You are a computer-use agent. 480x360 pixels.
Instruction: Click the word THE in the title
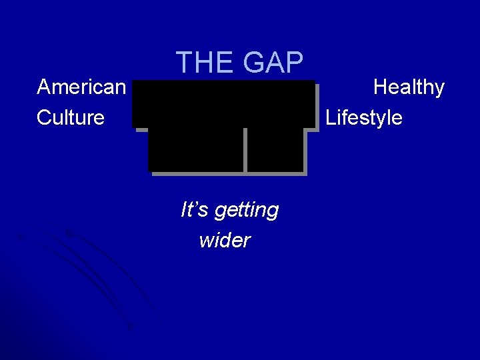pyautogui.click(x=206, y=63)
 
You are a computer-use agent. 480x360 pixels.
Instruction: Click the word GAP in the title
pyautogui.click(x=273, y=63)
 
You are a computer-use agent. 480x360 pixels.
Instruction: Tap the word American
pyautogui.click(x=81, y=87)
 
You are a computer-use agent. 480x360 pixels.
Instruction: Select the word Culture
pyautogui.click(x=71, y=118)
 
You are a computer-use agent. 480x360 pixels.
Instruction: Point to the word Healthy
pyautogui.click(x=409, y=87)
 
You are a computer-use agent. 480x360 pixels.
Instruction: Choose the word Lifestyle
pyautogui.click(x=364, y=118)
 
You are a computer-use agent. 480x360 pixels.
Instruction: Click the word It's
pyautogui.click(x=193, y=210)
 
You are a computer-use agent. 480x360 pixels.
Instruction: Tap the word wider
pyautogui.click(x=224, y=240)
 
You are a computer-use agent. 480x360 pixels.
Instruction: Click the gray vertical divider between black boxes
pyautogui.click(x=245, y=149)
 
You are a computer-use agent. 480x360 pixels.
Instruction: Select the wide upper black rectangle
pyautogui.click(x=223, y=103)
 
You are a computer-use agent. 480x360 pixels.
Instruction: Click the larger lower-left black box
pyautogui.click(x=196, y=149)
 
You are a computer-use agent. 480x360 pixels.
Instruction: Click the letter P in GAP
pyautogui.click(x=293, y=63)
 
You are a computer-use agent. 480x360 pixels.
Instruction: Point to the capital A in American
pyautogui.click(x=45, y=87)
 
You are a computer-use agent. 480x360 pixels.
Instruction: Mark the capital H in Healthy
pyautogui.click(x=381, y=87)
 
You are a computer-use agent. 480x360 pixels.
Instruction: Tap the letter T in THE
pyautogui.click(x=185, y=63)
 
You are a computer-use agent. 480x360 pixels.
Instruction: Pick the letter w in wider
pyautogui.click(x=205, y=241)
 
